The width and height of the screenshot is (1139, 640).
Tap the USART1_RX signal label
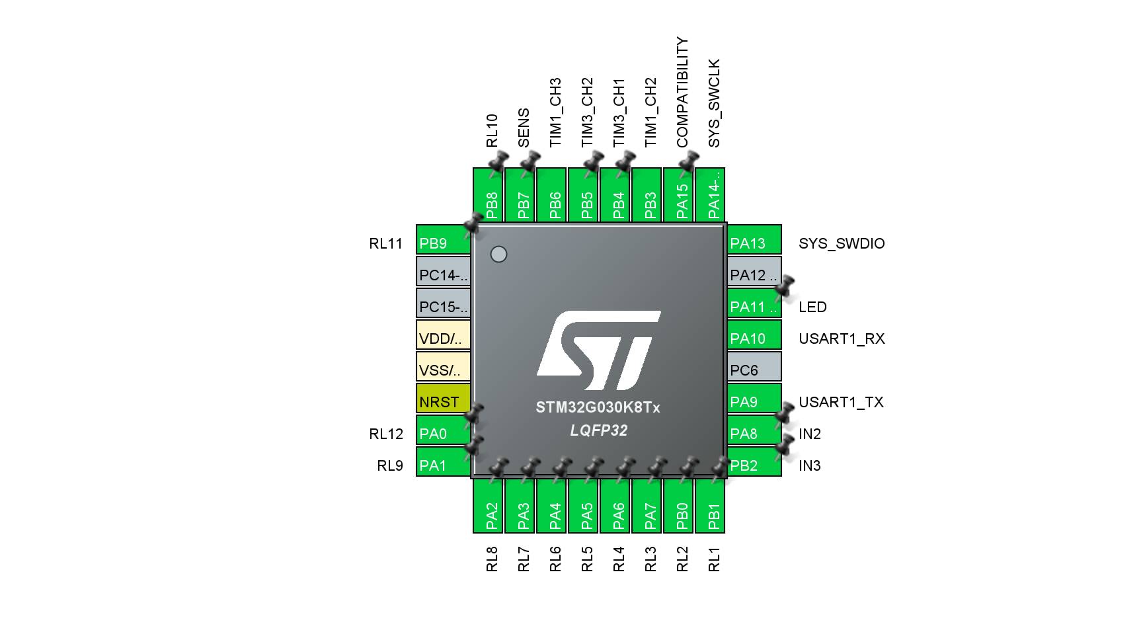point(842,339)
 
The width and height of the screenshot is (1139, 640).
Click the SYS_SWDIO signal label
point(842,243)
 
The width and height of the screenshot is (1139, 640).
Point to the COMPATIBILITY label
point(682,92)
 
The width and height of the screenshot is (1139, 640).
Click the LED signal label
point(812,307)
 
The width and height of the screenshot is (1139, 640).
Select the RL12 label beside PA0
point(386,434)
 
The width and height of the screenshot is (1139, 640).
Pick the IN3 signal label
point(809,465)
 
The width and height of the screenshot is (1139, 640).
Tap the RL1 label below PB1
point(714,559)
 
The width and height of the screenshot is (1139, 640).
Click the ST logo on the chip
point(598,350)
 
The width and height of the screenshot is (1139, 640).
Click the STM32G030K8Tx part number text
point(598,407)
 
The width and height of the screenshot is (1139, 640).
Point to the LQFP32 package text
point(598,430)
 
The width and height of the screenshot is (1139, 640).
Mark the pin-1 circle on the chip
point(498,254)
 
